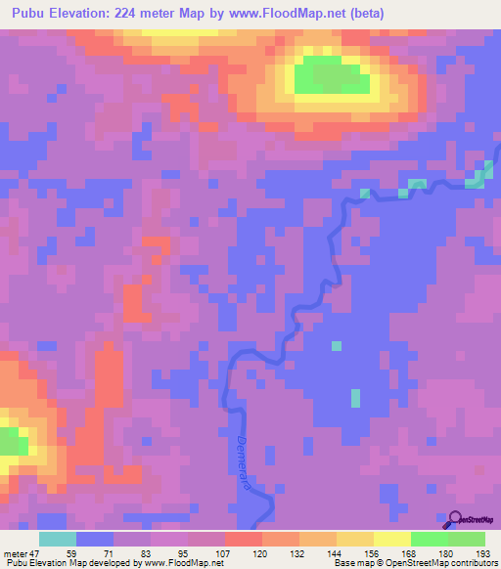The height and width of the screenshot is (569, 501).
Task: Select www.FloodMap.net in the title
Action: [299, 14]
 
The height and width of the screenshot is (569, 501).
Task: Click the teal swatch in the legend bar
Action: [58, 539]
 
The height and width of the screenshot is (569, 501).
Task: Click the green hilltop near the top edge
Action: [333, 75]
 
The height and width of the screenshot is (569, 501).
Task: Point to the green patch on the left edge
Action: [11, 441]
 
